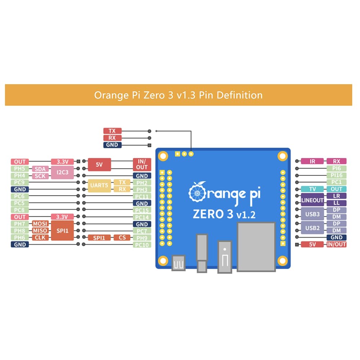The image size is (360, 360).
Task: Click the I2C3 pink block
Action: tap(62, 172)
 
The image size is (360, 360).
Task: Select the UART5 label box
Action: tap(99, 186)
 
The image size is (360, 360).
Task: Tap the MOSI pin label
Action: tap(40, 224)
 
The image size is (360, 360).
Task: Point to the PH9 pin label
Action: tap(142, 238)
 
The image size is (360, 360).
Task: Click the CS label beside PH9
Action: tap(122, 238)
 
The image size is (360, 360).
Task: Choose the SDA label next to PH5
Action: tap(40, 169)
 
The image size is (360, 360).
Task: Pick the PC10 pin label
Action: tap(142, 245)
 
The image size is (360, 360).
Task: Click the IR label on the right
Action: tap(312, 162)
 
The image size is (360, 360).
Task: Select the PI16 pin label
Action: tap(336, 175)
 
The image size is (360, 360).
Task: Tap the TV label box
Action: tap(312, 189)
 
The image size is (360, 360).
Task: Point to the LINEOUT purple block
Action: tap(312, 200)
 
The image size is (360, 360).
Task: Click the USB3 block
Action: tap(312, 214)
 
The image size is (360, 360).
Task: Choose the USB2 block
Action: tap(312, 228)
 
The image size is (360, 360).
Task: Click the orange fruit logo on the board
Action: tap(197, 194)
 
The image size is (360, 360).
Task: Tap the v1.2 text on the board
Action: tap(246, 215)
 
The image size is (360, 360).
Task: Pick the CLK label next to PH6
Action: tap(40, 238)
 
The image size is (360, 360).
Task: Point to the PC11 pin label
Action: tap(142, 197)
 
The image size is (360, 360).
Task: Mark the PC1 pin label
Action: tap(336, 182)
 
